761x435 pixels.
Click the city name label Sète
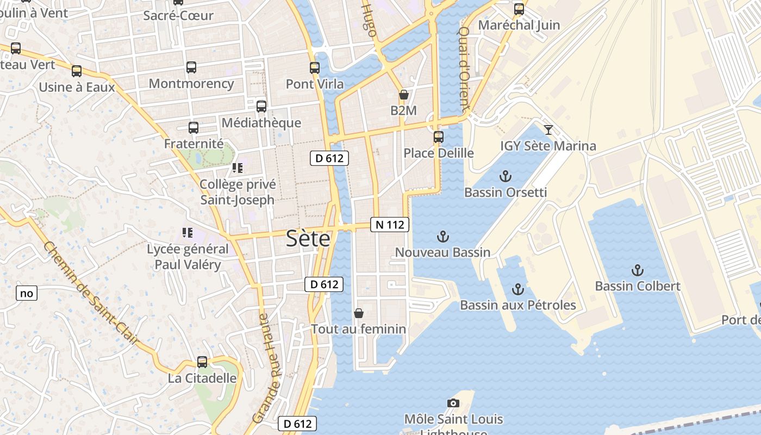[x=308, y=239]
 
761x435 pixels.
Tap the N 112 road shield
[x=389, y=225]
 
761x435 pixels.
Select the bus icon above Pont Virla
[x=315, y=68]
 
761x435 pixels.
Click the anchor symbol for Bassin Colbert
[x=637, y=270]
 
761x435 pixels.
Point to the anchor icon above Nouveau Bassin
[x=443, y=237]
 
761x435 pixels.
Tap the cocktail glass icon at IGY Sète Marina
[x=548, y=130]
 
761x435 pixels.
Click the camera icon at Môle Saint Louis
[x=453, y=403]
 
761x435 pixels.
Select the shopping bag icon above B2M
[x=403, y=95]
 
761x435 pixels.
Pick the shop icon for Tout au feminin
[x=358, y=313]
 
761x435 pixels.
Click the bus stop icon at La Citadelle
[x=202, y=362]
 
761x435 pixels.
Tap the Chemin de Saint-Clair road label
[x=91, y=294]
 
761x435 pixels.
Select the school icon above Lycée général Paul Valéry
[x=188, y=233]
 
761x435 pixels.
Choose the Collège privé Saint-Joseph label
[x=238, y=192]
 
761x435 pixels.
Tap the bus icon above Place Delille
[x=438, y=137]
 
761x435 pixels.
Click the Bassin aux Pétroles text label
[x=517, y=305]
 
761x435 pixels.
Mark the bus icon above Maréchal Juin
[x=519, y=9]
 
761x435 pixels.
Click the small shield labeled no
[x=26, y=294]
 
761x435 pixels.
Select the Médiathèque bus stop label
[x=261, y=123]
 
